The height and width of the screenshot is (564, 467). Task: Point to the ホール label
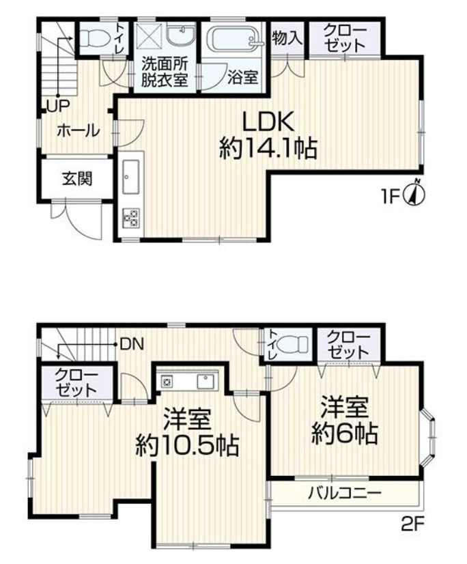tap(78, 130)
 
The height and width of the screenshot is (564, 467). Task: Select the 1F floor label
tap(390, 197)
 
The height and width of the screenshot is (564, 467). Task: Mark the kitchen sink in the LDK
tap(130, 179)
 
